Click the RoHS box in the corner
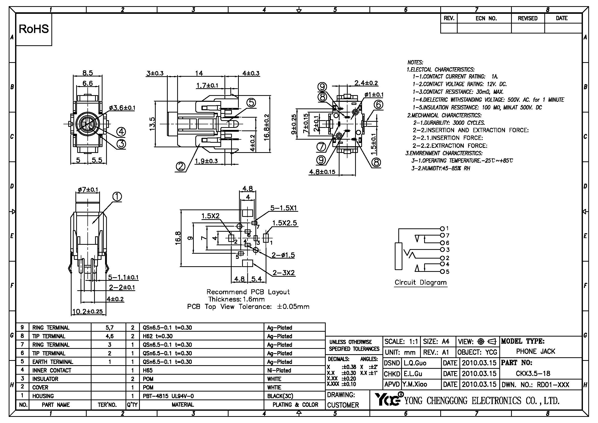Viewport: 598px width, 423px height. point(34,29)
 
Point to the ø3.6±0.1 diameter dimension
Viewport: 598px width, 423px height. point(122,108)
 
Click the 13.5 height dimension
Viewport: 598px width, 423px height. point(152,124)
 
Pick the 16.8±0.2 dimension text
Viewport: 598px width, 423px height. point(267,127)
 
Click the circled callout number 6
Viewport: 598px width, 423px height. point(378,104)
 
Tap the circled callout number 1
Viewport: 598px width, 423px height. point(117,197)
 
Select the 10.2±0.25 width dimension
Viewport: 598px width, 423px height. point(87,311)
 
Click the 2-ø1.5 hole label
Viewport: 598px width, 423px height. point(283,255)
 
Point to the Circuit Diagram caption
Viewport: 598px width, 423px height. point(420,282)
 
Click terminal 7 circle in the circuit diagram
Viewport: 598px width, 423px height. point(442,236)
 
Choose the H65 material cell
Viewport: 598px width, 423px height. point(148,370)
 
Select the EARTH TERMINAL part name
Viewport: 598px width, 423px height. point(53,362)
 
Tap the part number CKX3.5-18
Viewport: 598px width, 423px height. point(533,373)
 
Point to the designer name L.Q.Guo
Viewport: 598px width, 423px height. point(415,363)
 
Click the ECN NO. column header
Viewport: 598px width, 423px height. point(486,18)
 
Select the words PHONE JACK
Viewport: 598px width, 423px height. point(536,351)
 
